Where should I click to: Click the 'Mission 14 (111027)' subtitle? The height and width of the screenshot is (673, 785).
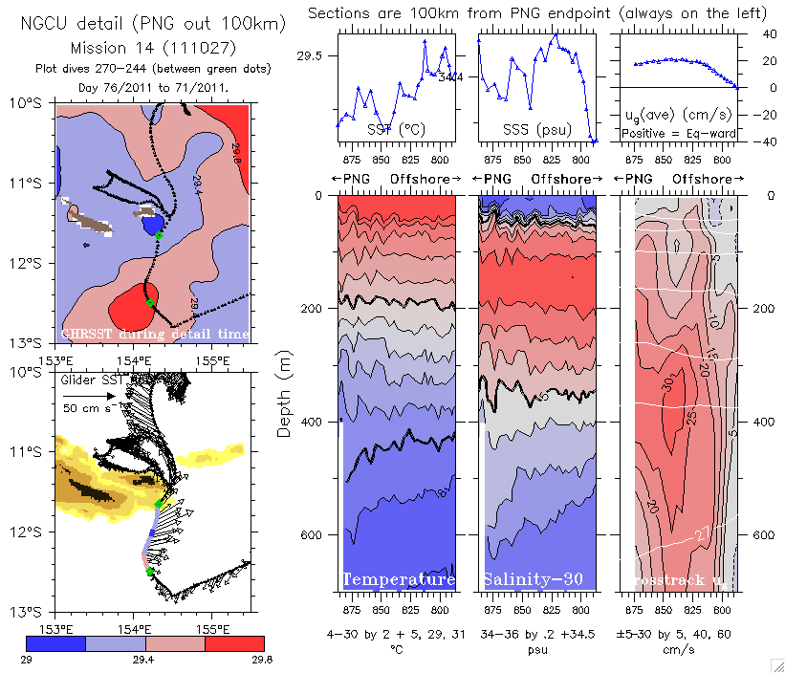(142, 48)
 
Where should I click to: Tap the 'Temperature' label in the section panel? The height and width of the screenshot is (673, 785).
(398, 579)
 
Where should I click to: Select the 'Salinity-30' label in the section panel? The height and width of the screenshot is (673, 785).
(532, 579)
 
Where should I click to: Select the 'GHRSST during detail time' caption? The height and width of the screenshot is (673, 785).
(155, 334)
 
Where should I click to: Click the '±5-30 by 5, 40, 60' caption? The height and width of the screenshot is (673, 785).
(676, 633)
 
